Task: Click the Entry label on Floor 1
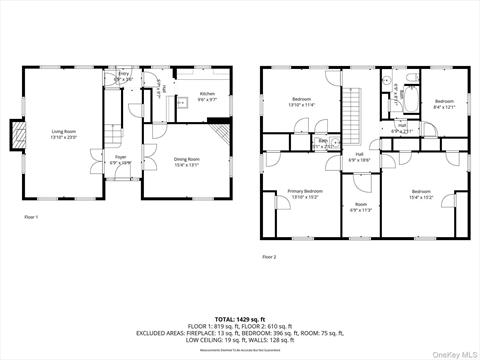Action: pyautogui.click(x=124, y=76)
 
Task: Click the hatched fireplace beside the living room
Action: pyautogui.click(x=15, y=133)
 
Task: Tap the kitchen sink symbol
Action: pyautogui.click(x=181, y=102)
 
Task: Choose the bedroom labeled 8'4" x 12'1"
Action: pyautogui.click(x=444, y=103)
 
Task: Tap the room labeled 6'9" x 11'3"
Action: pyautogui.click(x=361, y=207)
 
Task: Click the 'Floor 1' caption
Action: pyautogui.click(x=30, y=216)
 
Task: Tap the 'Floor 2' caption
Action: pyautogui.click(x=269, y=257)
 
